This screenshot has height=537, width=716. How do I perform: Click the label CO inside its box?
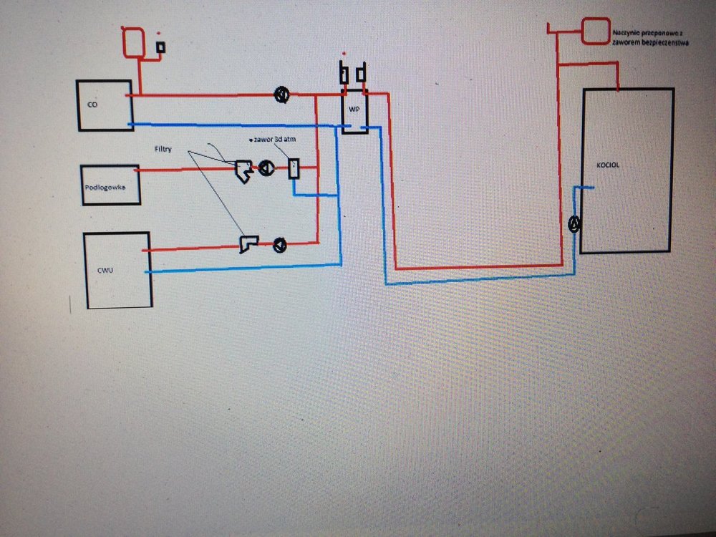coord(92,105)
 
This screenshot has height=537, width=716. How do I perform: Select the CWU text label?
coord(105,271)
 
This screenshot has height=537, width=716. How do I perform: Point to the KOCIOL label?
coord(606,165)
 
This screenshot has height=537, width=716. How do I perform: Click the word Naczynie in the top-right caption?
coord(626,32)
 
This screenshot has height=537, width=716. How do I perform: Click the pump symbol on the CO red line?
coord(282,95)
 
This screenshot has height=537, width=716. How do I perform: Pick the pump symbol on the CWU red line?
coord(279,246)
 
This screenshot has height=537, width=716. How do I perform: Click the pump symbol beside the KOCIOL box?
coord(574,223)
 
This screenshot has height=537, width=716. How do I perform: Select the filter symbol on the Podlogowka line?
coord(242,170)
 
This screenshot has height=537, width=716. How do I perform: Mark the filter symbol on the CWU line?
coord(248,245)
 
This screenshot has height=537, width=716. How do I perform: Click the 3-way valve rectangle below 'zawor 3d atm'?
coord(294,170)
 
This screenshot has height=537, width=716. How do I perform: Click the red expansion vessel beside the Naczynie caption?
coord(594,31)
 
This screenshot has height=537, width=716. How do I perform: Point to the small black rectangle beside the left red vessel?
coord(161,47)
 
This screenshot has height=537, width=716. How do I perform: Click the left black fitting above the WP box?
coord(344,74)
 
